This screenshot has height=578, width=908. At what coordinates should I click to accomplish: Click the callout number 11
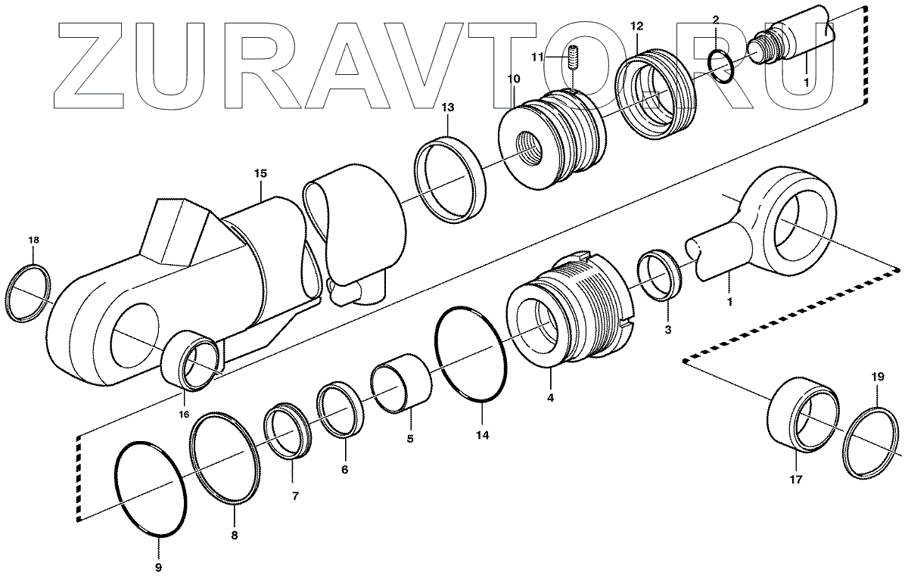536,57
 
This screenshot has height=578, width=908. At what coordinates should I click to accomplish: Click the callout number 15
260,173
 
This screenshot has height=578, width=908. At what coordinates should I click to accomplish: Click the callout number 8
234,535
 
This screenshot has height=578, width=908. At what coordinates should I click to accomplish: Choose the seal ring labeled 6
340,411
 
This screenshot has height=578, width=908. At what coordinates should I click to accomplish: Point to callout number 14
483,435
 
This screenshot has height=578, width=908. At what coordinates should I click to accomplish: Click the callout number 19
876,375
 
